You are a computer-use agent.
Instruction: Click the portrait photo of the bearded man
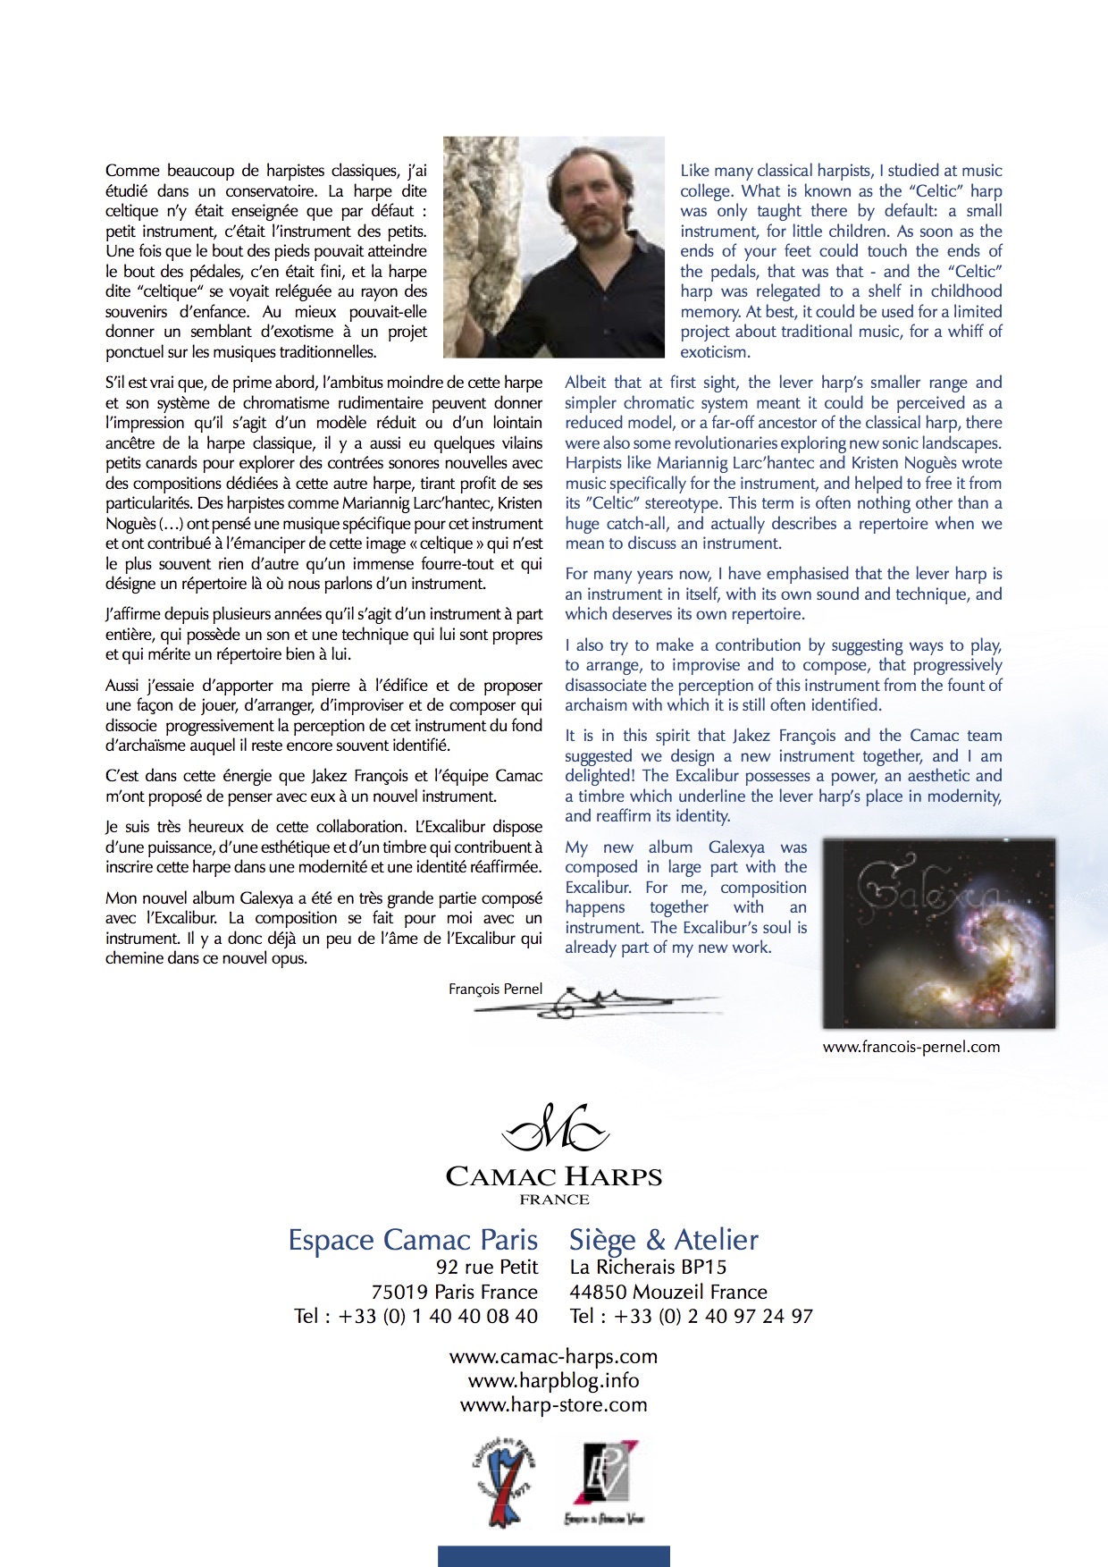pyautogui.click(x=554, y=247)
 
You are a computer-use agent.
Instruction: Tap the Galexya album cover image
pyautogui.click(x=938, y=933)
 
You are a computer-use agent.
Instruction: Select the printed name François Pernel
pyautogui.click(x=495, y=989)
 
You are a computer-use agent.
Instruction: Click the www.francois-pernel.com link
pyautogui.click(x=911, y=1047)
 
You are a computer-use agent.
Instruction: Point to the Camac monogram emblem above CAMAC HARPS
pyautogui.click(x=554, y=1128)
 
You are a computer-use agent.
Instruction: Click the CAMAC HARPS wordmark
pyautogui.click(x=554, y=1176)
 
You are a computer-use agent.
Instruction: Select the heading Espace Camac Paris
pyautogui.click(x=413, y=1240)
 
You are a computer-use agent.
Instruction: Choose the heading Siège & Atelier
pyautogui.click(x=664, y=1240)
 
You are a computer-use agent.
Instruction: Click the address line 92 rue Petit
pyautogui.click(x=487, y=1267)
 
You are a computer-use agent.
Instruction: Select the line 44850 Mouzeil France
pyautogui.click(x=668, y=1292)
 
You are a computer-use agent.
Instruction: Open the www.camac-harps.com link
pyautogui.click(x=553, y=1356)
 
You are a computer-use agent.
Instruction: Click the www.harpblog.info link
pyautogui.click(x=553, y=1380)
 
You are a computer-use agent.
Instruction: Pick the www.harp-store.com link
pyautogui.click(x=553, y=1404)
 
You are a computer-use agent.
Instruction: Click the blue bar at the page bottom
pyautogui.click(x=553, y=1555)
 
